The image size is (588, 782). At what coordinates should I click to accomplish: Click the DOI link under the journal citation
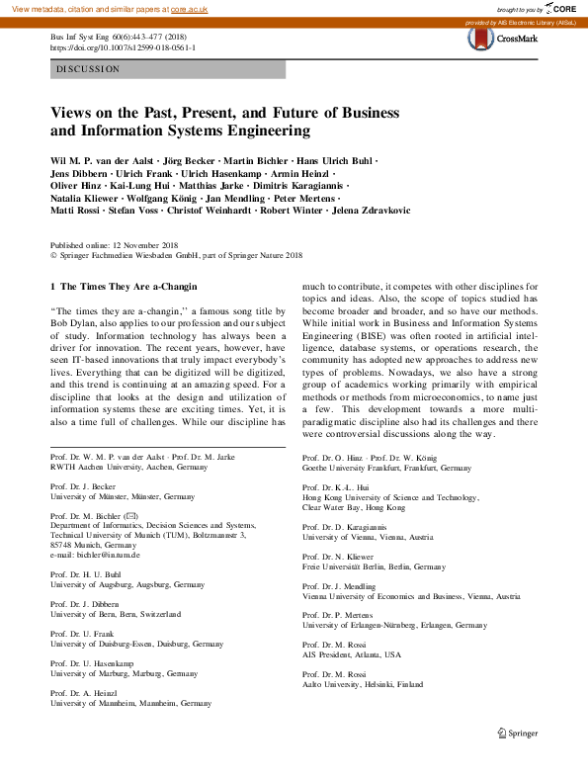click(x=123, y=46)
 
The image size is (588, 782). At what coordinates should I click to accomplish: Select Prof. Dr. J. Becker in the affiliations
click(x=86, y=487)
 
